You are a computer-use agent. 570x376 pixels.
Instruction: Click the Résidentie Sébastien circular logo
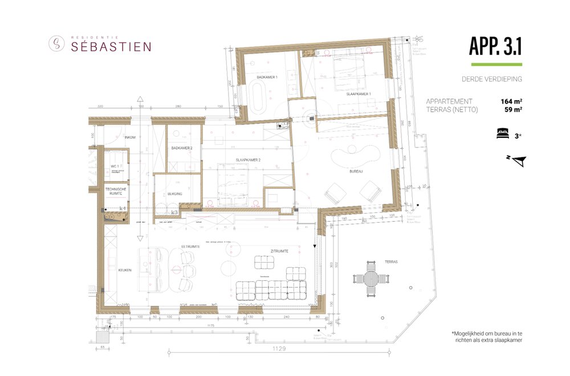point(56,43)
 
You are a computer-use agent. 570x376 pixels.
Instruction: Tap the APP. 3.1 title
point(495,46)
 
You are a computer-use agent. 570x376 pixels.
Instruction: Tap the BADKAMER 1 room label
point(267,77)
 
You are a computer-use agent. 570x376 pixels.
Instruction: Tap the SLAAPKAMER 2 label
point(249,161)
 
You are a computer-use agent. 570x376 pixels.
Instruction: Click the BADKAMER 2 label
point(181,148)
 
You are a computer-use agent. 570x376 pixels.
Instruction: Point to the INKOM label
point(131,137)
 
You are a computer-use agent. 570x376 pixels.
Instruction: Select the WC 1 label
point(114,166)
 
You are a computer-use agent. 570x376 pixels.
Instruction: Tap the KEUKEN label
point(125,270)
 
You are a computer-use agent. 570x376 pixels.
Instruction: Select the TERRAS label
point(391,261)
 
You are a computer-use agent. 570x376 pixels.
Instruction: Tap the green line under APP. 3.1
point(495,64)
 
